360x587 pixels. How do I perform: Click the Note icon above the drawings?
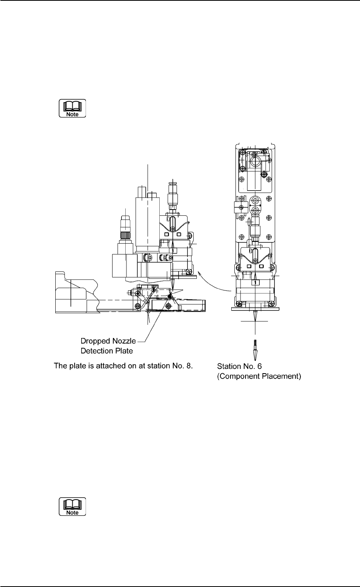pyautogui.click(x=72, y=109)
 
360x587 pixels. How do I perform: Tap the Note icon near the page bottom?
pyautogui.click(x=72, y=507)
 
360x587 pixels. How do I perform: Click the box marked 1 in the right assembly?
pyautogui.click(x=255, y=283)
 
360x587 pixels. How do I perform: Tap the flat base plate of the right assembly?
pyautogui.click(x=255, y=309)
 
